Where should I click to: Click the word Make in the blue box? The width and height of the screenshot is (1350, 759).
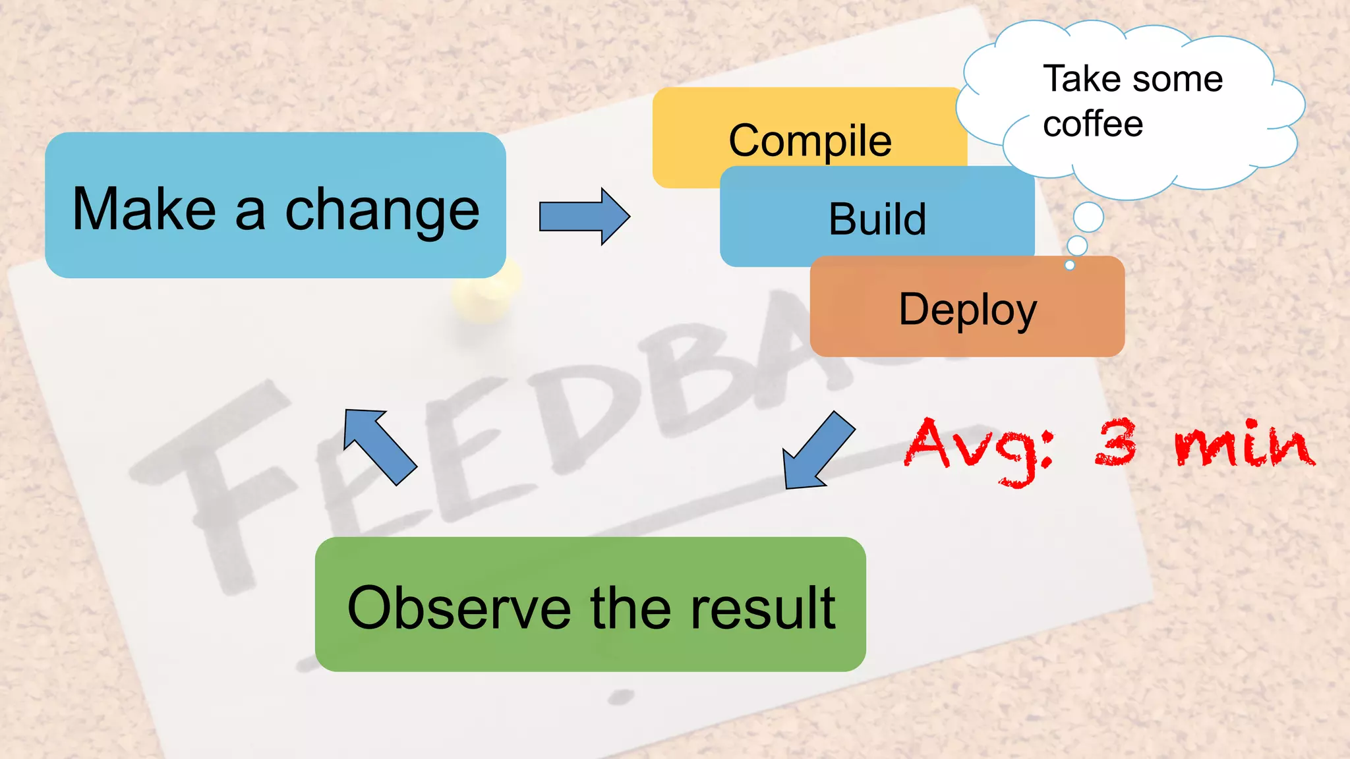point(144,210)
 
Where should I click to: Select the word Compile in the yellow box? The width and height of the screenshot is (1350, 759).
point(810,141)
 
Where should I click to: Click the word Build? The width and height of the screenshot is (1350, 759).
point(877,219)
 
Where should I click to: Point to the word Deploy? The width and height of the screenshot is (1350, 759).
point(968,310)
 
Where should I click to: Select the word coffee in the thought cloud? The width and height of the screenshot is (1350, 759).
point(1093,124)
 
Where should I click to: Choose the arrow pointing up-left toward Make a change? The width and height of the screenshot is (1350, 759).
point(379,446)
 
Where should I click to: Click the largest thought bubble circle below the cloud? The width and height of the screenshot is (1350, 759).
point(1088,217)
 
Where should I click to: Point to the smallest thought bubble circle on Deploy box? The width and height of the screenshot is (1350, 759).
point(1070,265)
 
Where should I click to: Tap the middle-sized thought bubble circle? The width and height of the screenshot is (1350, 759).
point(1077,246)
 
